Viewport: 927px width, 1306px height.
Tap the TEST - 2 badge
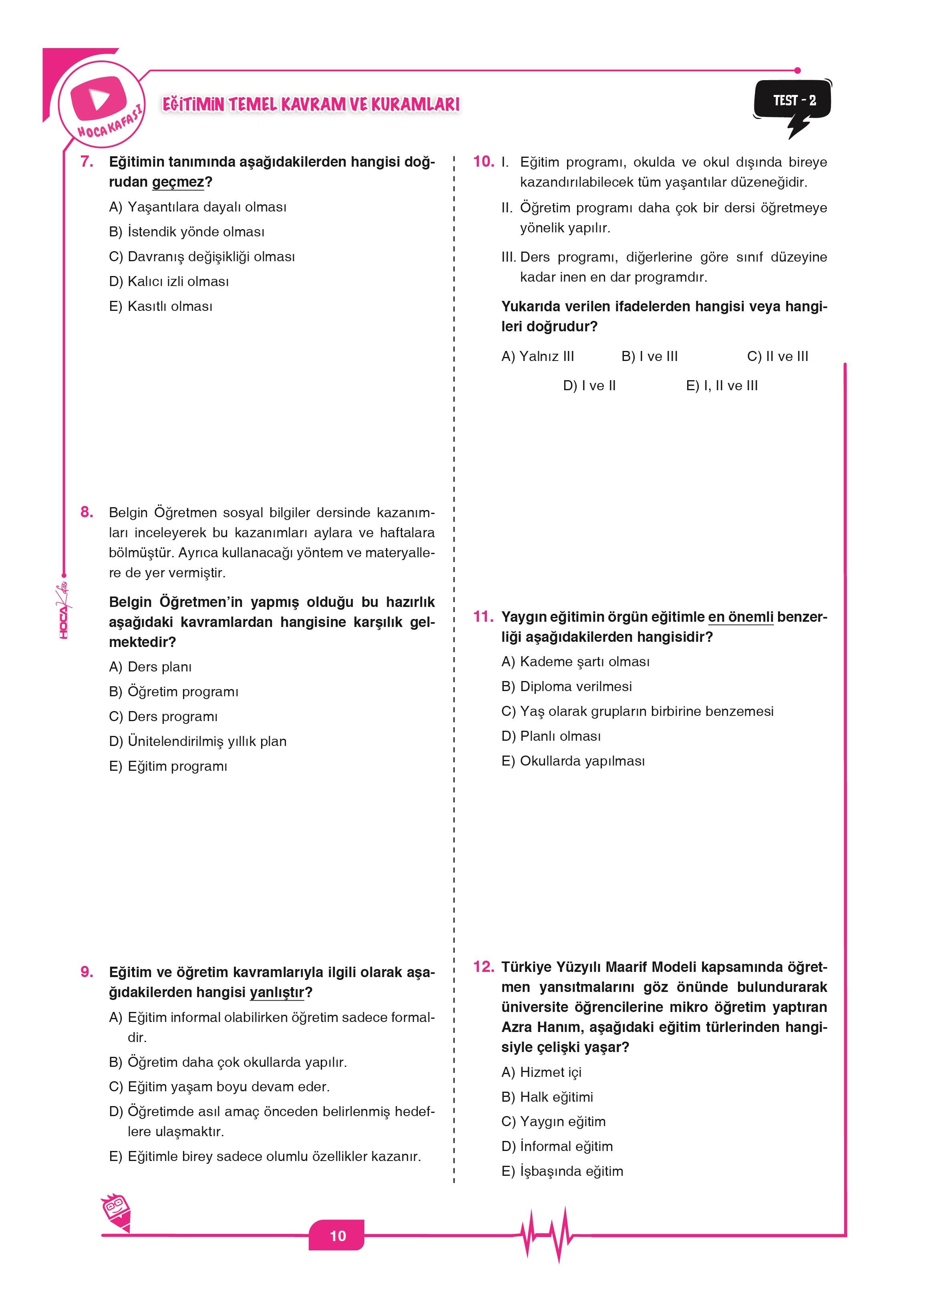(794, 101)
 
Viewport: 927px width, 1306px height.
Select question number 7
(87, 161)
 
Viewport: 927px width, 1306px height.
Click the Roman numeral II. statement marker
(507, 208)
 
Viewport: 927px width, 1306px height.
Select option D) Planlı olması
(551, 736)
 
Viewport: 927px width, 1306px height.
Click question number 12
(483, 967)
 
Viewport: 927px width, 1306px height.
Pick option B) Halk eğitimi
(547, 1096)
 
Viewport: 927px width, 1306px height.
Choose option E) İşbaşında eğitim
(562, 1171)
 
